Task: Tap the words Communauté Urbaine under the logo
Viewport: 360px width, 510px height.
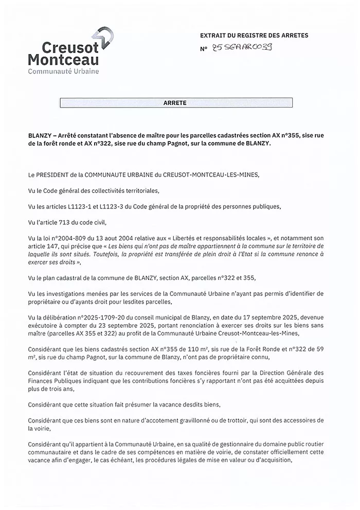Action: pyautogui.click(x=63, y=71)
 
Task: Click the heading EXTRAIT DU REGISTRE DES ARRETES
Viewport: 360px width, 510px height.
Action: pyautogui.click(x=254, y=36)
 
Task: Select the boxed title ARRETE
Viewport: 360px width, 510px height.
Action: pyautogui.click(x=175, y=103)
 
